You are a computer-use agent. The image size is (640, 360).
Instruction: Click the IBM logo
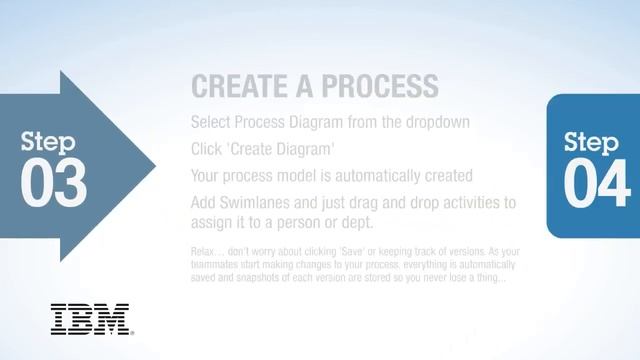[x=90, y=319]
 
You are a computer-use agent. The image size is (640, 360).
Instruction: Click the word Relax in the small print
[x=204, y=250]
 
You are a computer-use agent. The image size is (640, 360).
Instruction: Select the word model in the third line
[x=301, y=175]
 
